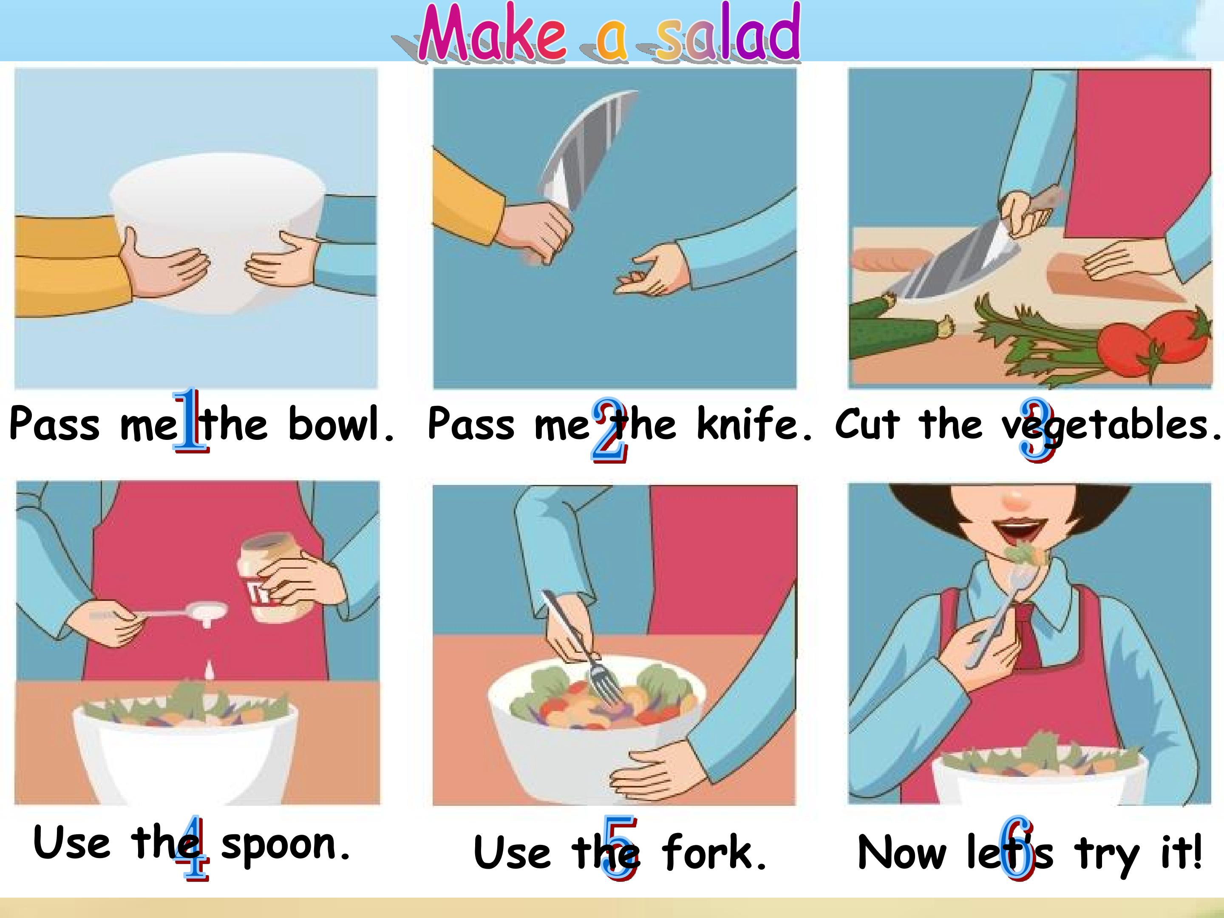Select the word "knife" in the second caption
[753, 424]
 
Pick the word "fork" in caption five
[714, 853]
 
